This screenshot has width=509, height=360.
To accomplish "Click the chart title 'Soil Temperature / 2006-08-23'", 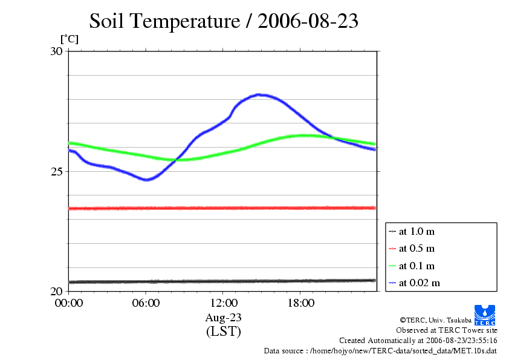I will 224,21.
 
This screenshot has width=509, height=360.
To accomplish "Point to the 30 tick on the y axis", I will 56,51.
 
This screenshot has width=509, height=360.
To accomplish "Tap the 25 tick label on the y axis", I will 56,171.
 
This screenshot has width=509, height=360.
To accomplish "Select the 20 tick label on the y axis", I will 56,291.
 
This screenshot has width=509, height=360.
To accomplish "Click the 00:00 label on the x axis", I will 68,303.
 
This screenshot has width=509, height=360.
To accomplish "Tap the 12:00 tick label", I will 223,303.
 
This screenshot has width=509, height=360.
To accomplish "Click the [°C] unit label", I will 68,39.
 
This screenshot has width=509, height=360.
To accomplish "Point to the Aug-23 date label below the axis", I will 223,317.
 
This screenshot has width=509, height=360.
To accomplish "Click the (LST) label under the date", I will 223,332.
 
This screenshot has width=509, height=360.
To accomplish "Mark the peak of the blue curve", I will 259,94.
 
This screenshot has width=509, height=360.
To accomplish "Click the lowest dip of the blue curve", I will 146,180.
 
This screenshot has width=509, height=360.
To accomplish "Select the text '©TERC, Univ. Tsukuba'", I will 435,319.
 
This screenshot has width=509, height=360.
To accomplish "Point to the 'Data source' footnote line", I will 380,350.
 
